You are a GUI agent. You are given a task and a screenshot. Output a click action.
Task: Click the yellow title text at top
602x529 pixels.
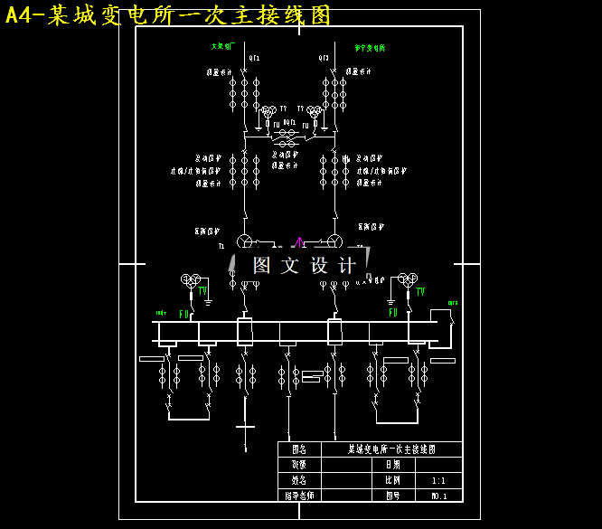pos(168,14)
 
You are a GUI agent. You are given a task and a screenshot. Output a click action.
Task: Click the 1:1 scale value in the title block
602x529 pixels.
pos(438,481)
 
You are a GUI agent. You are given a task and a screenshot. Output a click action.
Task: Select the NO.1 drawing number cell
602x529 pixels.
pos(438,496)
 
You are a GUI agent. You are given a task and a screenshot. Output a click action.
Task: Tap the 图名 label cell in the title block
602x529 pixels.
pos(298,449)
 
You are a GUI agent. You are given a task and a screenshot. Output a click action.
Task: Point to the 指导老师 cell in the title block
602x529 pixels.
pos(298,496)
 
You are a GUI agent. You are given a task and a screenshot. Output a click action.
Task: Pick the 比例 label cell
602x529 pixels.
pos(392,481)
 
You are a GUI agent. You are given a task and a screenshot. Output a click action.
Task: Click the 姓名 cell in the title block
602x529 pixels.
pos(298,481)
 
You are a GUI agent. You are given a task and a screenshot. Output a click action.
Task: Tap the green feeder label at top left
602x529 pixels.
pos(222,46)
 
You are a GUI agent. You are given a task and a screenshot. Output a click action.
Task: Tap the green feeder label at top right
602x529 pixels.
pos(370,48)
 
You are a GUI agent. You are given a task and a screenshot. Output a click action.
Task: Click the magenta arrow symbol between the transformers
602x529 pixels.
pos(299,241)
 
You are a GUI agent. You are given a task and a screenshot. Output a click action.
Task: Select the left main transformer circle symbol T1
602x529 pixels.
pos(244,241)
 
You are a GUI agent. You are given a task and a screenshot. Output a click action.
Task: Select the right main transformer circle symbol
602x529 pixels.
pos(334,241)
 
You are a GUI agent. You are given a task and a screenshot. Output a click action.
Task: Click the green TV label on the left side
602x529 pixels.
pos(203,291)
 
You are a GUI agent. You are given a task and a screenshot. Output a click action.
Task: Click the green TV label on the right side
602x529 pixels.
pos(420,291)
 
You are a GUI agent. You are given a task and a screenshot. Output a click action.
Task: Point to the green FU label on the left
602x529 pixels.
pos(183,315)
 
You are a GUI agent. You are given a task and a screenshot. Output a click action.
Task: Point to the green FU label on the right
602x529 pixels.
pos(393,313)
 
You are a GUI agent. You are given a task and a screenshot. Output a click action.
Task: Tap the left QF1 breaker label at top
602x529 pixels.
pos(254,58)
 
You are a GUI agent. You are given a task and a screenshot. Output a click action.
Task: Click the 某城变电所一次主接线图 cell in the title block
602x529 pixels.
pos(391,449)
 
